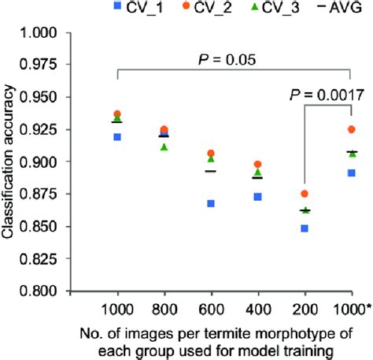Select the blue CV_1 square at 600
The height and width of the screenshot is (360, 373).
210,203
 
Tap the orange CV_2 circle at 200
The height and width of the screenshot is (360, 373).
304,194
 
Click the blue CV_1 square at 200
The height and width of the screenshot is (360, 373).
304,228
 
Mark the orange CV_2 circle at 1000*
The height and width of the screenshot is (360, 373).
351,129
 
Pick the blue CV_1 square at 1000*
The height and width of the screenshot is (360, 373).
351,173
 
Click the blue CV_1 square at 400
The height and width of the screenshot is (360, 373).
257,196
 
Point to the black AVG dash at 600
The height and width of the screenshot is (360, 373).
210,171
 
